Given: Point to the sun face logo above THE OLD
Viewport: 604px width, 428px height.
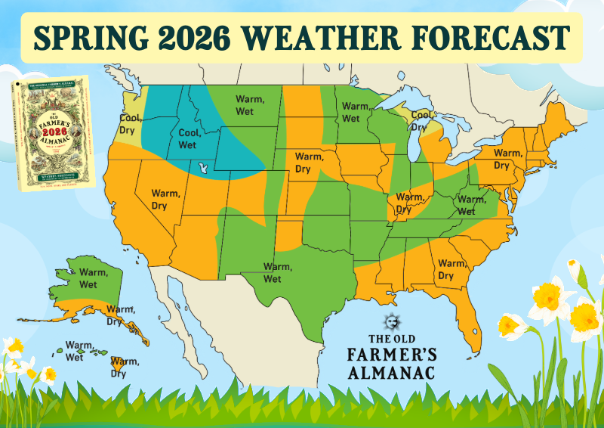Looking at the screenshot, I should tap(390, 320).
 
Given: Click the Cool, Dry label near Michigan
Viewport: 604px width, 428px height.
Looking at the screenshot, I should tap(421, 121).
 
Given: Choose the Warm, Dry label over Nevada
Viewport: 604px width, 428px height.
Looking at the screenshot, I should tap(165, 199).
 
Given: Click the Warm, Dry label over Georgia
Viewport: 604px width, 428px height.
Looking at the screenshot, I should tap(451, 269).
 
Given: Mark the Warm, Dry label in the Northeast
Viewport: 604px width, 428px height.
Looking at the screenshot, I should tap(507, 159).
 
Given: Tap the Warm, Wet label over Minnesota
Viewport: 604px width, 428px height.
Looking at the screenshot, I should tap(350, 112).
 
